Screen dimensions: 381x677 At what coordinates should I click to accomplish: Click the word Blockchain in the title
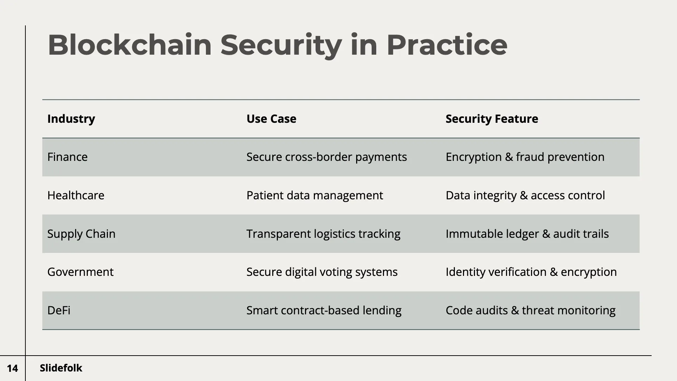tap(129, 45)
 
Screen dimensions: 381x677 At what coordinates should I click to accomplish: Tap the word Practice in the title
tap(446, 45)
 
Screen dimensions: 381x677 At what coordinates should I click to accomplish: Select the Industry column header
tap(71, 119)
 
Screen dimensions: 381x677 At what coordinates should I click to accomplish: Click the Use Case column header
tap(271, 119)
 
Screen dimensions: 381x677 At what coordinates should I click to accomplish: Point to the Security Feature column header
tap(492, 119)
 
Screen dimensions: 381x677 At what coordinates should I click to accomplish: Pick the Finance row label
tap(67, 157)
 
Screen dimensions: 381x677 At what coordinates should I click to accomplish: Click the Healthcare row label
tap(76, 195)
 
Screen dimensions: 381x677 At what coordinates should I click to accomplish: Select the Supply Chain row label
tap(81, 234)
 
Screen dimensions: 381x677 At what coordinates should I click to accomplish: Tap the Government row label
tap(80, 272)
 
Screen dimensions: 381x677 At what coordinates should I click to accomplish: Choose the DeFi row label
tap(59, 310)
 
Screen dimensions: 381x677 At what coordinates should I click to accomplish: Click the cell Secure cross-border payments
tap(327, 157)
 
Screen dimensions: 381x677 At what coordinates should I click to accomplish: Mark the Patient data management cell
tap(315, 195)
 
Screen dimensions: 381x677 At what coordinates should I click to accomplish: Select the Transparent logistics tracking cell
tap(323, 234)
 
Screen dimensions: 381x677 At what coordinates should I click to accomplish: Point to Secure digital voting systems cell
tap(322, 272)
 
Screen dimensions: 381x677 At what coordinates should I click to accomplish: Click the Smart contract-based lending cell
tap(324, 310)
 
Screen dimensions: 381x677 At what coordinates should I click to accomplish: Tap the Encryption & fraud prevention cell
tap(525, 157)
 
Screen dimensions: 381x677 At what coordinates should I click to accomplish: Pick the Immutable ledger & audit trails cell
tap(527, 234)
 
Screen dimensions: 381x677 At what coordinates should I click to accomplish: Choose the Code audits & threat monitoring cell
tap(530, 310)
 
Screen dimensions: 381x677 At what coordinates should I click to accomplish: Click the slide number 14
tap(12, 368)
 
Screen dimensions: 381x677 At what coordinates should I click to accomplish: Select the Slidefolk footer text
tap(61, 368)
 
